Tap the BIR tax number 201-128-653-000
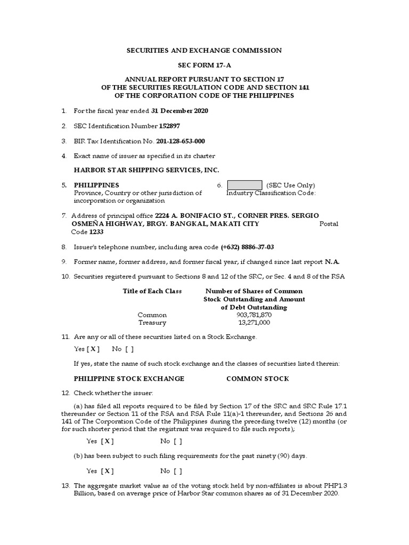coord(180,141)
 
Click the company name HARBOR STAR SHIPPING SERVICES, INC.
coord(146,170)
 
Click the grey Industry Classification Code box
coord(244,185)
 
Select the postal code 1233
coord(96,232)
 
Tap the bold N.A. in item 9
coord(332,262)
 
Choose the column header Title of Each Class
coord(152,291)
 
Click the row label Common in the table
coord(152,315)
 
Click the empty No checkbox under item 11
coord(129,349)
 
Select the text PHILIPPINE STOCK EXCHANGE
coord(129,378)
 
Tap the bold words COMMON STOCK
coord(258,378)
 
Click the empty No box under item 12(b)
coord(178,471)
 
